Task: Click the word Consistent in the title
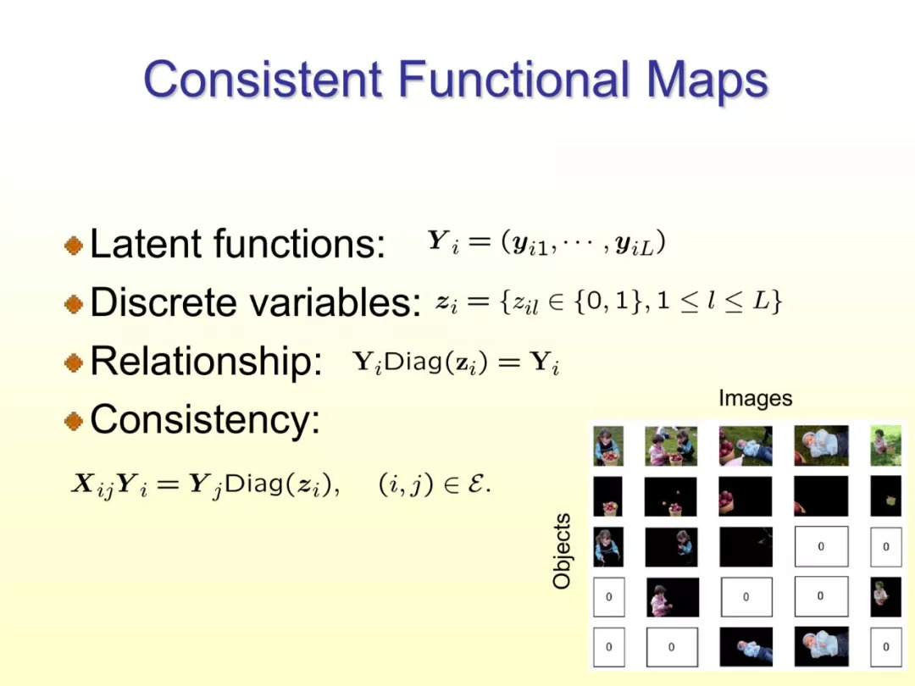(x=263, y=79)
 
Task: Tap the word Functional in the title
(x=513, y=79)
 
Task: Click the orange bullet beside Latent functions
(x=74, y=245)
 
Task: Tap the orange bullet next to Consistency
(x=74, y=420)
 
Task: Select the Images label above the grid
(x=755, y=398)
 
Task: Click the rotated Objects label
(x=562, y=550)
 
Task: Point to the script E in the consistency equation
(x=477, y=484)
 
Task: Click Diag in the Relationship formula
(x=413, y=362)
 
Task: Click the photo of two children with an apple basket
(x=671, y=445)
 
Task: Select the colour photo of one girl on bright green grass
(x=886, y=445)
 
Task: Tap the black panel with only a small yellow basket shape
(x=886, y=496)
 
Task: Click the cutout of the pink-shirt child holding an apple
(x=672, y=597)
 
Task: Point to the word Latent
(x=147, y=243)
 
